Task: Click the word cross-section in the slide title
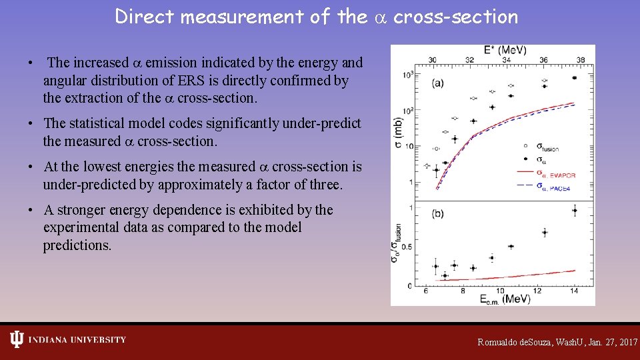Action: pyautogui.click(x=455, y=17)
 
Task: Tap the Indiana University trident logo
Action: pyautogui.click(x=17, y=339)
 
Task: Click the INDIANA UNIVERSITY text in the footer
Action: pyautogui.click(x=77, y=340)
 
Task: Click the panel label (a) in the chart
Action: pyautogui.click(x=439, y=83)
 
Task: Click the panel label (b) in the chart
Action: pyautogui.click(x=439, y=213)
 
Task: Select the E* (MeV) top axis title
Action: pyautogui.click(x=506, y=50)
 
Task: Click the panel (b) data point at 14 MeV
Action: pyautogui.click(x=574, y=211)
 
